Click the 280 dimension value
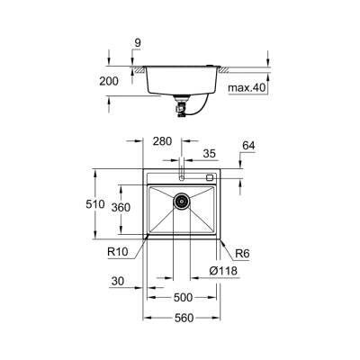click(x=161, y=140)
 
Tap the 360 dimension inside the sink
click(x=133, y=208)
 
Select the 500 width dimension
click(x=182, y=298)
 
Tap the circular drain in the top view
click(x=182, y=202)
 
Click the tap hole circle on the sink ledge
click(x=182, y=176)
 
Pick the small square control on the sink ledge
click(x=210, y=177)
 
